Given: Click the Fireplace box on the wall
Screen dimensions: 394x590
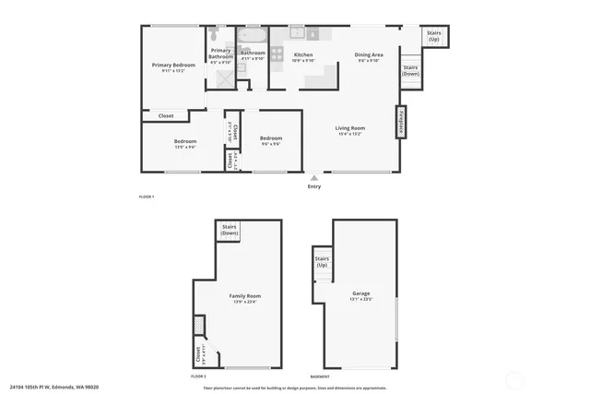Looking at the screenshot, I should tap(402, 123).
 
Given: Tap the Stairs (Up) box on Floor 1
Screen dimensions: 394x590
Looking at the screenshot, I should tap(434, 37).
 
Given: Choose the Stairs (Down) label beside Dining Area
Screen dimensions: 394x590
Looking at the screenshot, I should tap(411, 70).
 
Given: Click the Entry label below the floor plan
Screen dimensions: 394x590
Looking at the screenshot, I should tap(314, 186).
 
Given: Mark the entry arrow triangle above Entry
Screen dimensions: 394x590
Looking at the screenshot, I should tap(314, 177).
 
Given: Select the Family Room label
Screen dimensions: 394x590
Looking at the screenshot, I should tap(245, 296).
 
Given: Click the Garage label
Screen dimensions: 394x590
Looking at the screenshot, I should tap(360, 294).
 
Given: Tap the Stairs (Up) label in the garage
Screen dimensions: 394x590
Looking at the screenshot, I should tap(322, 261).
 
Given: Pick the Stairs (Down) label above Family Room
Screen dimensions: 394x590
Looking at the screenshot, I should tap(230, 230).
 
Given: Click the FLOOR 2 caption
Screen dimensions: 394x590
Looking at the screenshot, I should tap(198, 376).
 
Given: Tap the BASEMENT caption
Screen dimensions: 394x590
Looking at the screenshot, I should tap(321, 376).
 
